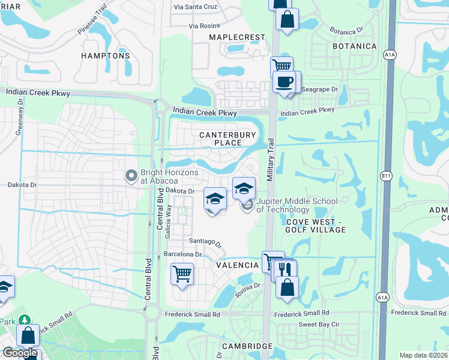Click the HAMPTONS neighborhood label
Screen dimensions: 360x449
click(106, 56)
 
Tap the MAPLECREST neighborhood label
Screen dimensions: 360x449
click(237, 37)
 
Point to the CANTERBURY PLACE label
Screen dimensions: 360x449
click(228, 139)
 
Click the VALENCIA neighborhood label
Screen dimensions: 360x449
click(233, 265)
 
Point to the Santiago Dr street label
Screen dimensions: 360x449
click(206, 242)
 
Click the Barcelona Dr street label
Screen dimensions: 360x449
click(181, 254)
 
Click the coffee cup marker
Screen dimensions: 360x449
click(284, 82)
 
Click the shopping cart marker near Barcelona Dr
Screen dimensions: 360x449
click(182, 274)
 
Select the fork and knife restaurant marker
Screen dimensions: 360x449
click(285, 269)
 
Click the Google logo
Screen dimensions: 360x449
click(20, 353)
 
